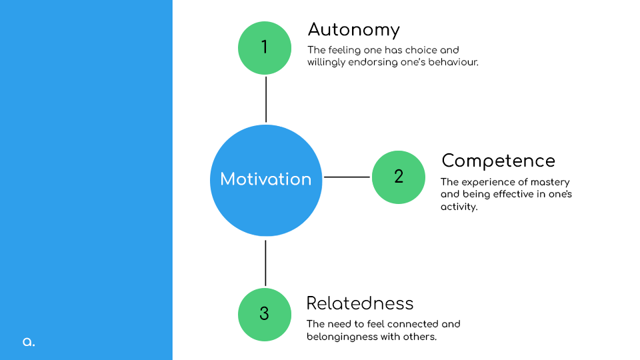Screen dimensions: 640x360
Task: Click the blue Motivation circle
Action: coord(266,181)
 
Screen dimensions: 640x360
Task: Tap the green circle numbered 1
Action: coord(265,48)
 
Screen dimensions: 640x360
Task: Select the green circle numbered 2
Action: coord(399,177)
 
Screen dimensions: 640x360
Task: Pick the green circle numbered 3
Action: coord(265,314)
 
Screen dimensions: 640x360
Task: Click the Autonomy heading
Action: coord(353,30)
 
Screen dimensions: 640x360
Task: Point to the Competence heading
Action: coord(499,161)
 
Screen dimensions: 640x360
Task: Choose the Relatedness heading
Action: coord(360,303)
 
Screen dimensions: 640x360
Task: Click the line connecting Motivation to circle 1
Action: coord(266,99)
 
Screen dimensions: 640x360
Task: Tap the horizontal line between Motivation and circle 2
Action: coord(347,177)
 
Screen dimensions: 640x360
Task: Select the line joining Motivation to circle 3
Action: coord(265,263)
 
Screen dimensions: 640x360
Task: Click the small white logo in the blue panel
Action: coord(29,342)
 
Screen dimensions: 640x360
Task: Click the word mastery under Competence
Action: coord(550,183)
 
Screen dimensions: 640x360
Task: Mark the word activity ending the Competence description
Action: coord(459,207)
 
